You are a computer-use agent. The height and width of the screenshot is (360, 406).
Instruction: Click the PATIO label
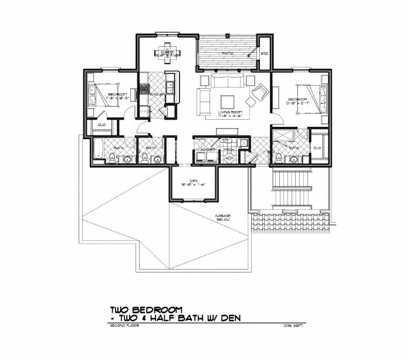228,54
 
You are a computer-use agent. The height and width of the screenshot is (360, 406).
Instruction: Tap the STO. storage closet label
264,53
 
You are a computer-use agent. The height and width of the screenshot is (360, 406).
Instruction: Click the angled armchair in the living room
258,92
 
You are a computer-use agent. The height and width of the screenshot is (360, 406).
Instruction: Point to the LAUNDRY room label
205,150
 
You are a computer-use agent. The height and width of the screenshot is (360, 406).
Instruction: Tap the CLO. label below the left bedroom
101,125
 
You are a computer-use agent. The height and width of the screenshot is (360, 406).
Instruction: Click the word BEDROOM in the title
158,309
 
